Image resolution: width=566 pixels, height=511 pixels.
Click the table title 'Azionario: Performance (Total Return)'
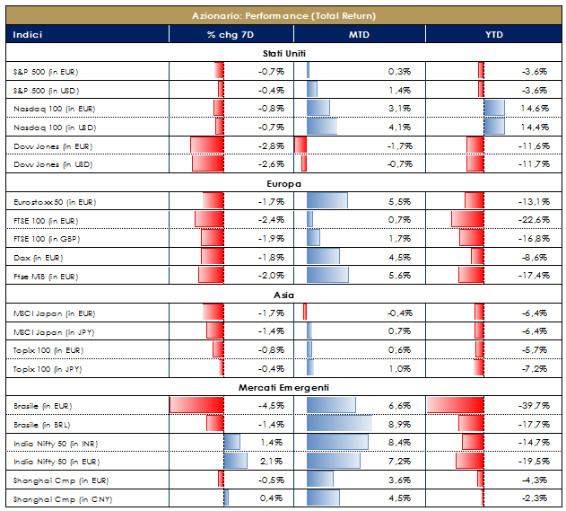283,15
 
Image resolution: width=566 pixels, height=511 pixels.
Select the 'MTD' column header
360,35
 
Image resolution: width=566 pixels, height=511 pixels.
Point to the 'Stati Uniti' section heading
283,53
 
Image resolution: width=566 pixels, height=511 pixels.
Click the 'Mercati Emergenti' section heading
283,387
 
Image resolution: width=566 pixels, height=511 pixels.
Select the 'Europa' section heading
283,183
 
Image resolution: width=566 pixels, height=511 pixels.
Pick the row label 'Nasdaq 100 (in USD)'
53,127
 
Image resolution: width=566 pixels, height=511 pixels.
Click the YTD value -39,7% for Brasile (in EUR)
536,406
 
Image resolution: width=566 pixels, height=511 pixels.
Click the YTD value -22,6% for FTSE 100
536,220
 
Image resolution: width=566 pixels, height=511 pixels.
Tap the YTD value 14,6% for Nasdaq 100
536,108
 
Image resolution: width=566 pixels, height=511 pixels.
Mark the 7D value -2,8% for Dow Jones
272,145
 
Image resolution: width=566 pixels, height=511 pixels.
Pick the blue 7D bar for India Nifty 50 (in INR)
232,443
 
